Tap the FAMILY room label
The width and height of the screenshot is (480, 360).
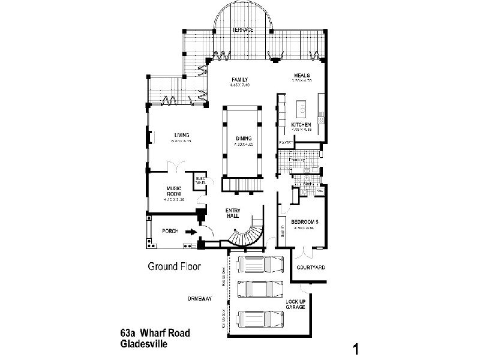239,80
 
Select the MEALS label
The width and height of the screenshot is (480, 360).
301,75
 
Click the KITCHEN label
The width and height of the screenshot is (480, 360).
300,125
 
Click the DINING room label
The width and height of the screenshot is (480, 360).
243,139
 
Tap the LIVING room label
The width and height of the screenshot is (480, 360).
182,134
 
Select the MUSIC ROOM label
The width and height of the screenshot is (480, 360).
174,191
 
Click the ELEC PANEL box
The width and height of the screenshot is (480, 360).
199,180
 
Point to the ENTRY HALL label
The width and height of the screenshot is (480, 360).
233,213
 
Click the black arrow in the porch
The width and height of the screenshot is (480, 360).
190,232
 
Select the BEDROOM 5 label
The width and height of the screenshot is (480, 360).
305,222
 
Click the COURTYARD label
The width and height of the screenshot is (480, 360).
311,268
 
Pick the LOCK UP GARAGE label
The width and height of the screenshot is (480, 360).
296,304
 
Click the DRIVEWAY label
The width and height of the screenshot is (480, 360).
200,298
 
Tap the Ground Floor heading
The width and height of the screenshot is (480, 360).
174,266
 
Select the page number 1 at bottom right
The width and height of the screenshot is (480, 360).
356,348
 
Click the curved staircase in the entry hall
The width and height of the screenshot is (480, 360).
247,235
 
